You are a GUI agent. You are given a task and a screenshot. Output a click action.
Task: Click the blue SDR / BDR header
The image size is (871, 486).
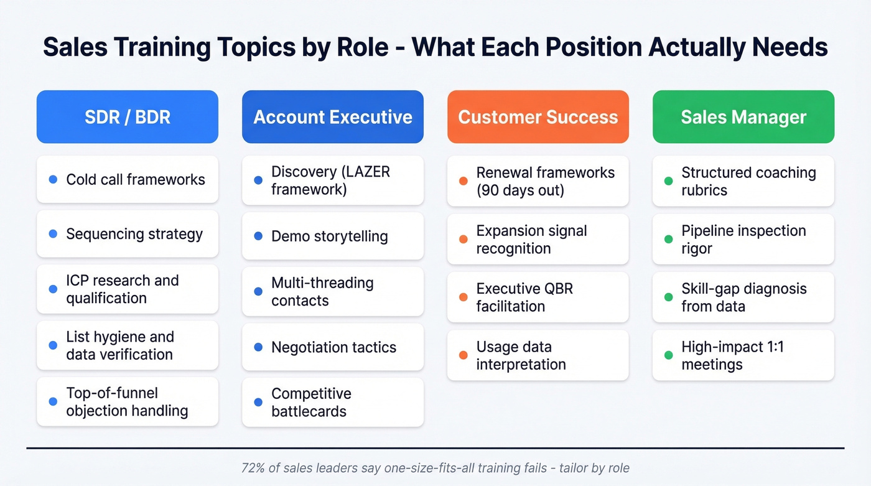pyautogui.click(x=128, y=117)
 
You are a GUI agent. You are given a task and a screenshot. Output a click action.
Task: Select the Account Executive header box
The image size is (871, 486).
pyautogui.click(x=333, y=117)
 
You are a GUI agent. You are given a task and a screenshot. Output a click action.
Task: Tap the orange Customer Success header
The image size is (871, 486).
pyautogui.click(x=538, y=117)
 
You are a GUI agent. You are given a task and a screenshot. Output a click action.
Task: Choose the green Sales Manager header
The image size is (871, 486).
pyautogui.click(x=743, y=117)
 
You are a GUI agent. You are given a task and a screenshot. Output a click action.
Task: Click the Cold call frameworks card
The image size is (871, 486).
pyautogui.click(x=128, y=179)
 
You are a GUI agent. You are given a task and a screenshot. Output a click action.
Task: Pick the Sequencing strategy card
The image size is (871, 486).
pyautogui.click(x=128, y=234)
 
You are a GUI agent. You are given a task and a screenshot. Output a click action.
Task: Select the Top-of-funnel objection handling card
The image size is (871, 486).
pyautogui.click(x=128, y=402)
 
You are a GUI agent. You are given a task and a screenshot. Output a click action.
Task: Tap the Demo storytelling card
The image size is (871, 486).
pyautogui.click(x=333, y=236)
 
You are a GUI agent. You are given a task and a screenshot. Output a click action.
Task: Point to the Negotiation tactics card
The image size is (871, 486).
pyautogui.click(x=333, y=347)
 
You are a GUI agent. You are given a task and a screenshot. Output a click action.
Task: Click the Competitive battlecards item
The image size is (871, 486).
pyautogui.click(x=333, y=403)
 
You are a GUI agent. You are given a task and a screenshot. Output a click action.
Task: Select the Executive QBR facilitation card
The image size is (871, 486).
pyautogui.click(x=538, y=297)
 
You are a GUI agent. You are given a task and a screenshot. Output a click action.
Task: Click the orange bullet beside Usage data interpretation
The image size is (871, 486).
pyautogui.click(x=463, y=355)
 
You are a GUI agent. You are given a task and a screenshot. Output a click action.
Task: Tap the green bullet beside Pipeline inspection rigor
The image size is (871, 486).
pyautogui.click(x=668, y=239)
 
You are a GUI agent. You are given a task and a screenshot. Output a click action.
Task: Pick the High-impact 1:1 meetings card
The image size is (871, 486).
pyautogui.click(x=743, y=355)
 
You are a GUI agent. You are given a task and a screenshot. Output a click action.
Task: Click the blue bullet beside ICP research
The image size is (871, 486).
pyautogui.click(x=53, y=289)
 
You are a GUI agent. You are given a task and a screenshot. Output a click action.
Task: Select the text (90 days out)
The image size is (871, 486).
pyautogui.click(x=520, y=190)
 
